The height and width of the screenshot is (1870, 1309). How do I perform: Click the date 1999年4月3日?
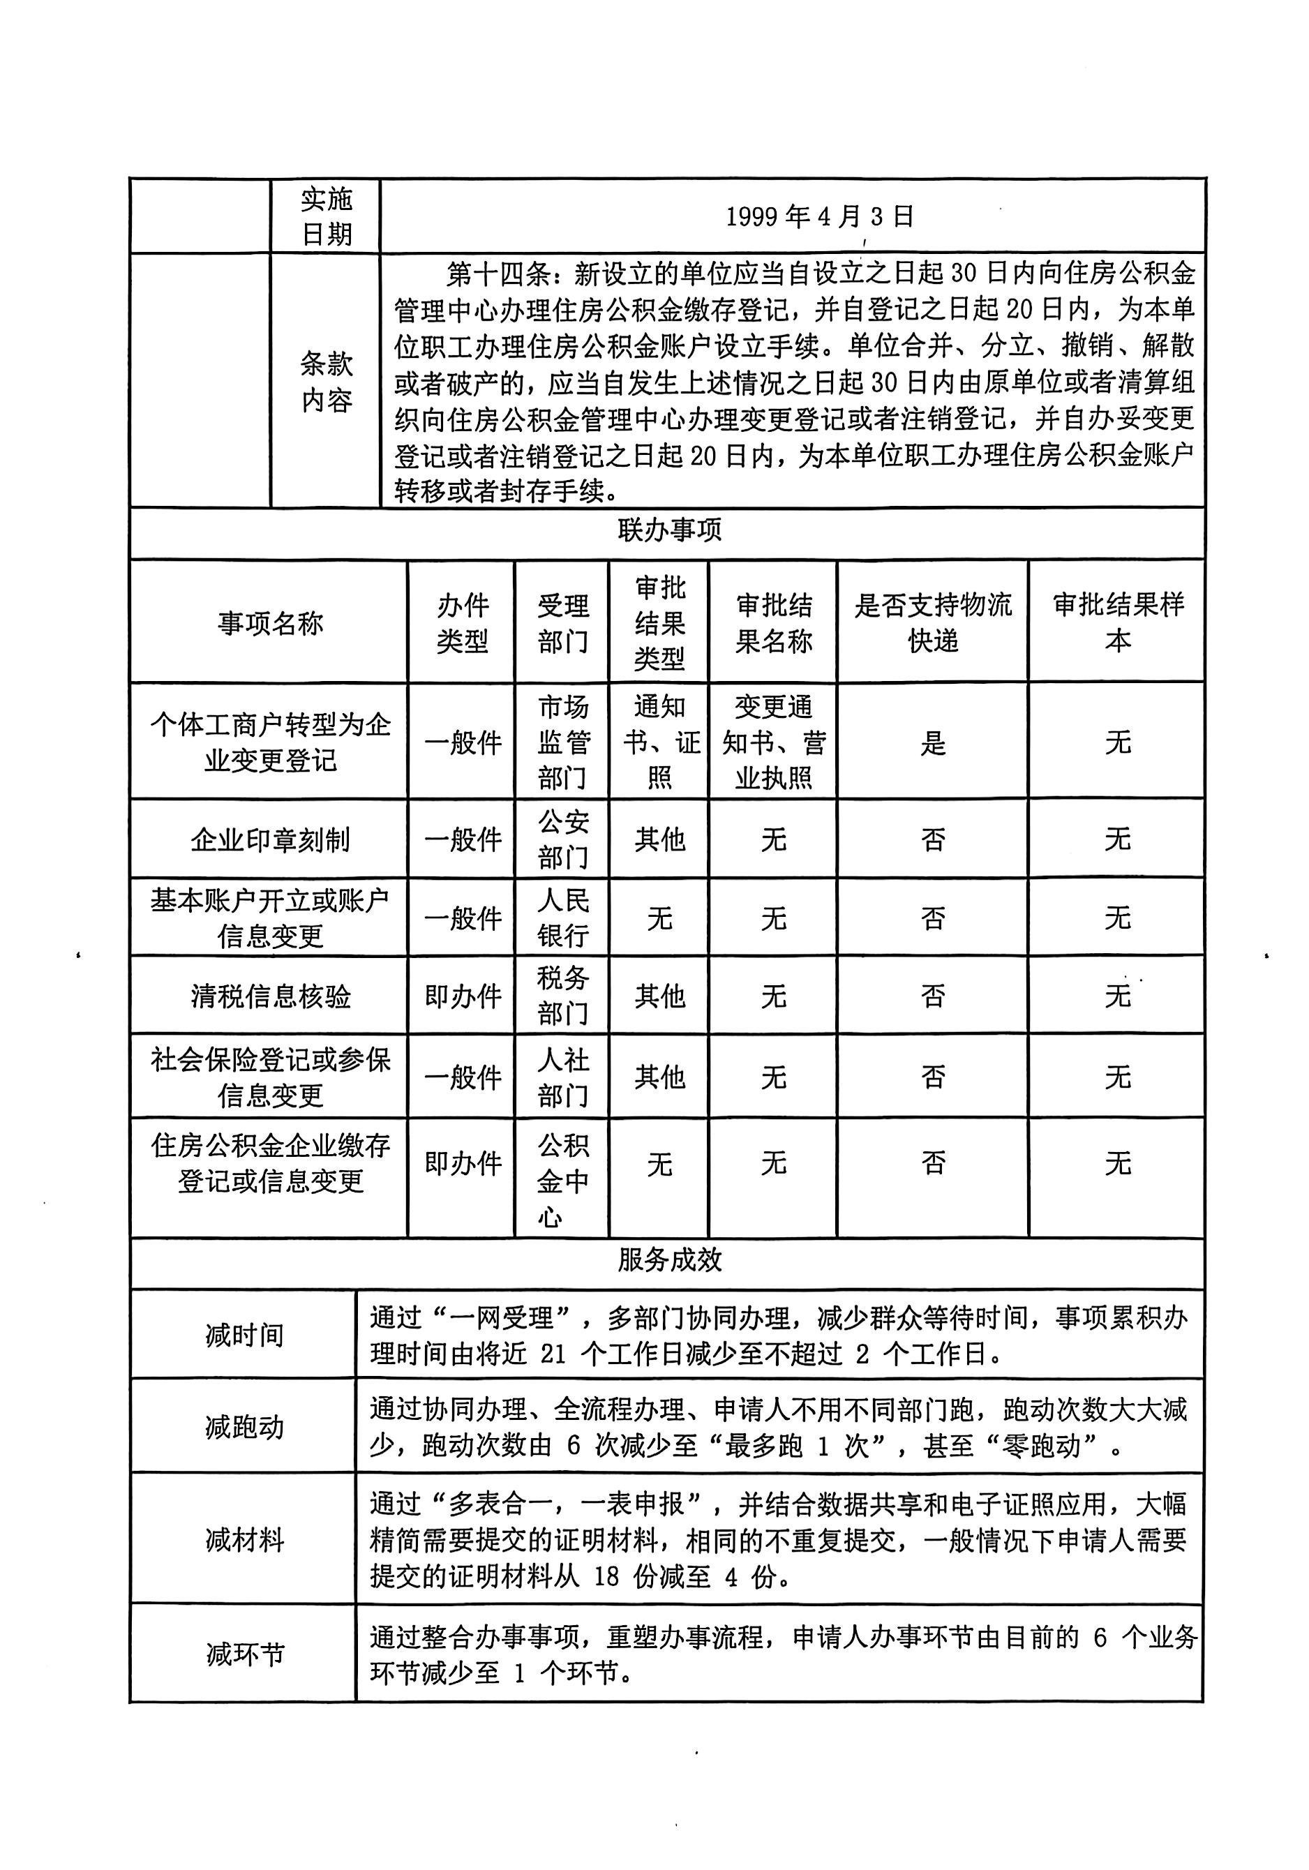pos(819,216)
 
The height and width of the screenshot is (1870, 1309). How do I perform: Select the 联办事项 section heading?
pos(668,531)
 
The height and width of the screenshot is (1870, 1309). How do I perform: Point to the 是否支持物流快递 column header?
pos(933,623)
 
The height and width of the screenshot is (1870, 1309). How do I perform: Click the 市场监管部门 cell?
pos(562,742)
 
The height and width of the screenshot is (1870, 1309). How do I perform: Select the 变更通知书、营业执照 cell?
pos(773,742)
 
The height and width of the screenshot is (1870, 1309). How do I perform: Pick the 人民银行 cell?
pos(562,918)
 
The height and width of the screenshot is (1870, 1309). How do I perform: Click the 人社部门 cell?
pos(562,1077)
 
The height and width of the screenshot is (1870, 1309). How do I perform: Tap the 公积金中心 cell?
pos(562,1180)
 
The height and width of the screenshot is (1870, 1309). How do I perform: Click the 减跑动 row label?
pos(244,1427)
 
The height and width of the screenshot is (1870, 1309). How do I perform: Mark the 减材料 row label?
pos(244,1540)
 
